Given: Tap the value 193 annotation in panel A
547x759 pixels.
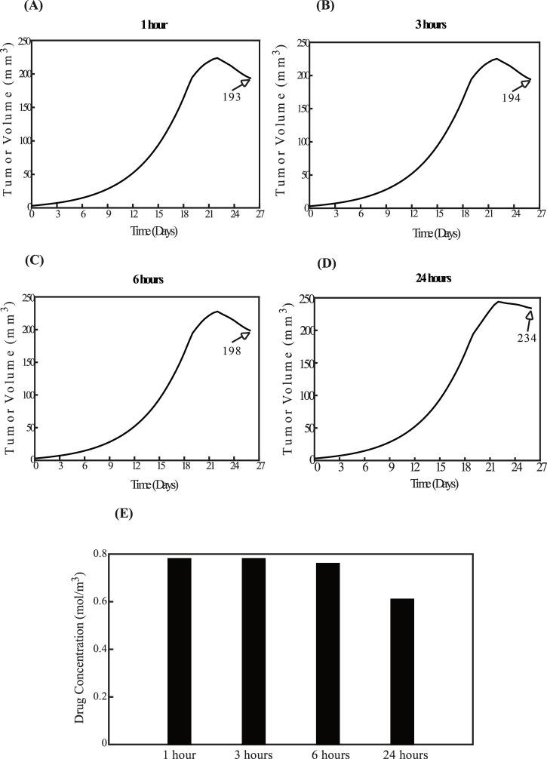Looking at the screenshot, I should (231, 97).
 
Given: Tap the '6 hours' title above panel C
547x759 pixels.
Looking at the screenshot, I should (148, 280).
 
